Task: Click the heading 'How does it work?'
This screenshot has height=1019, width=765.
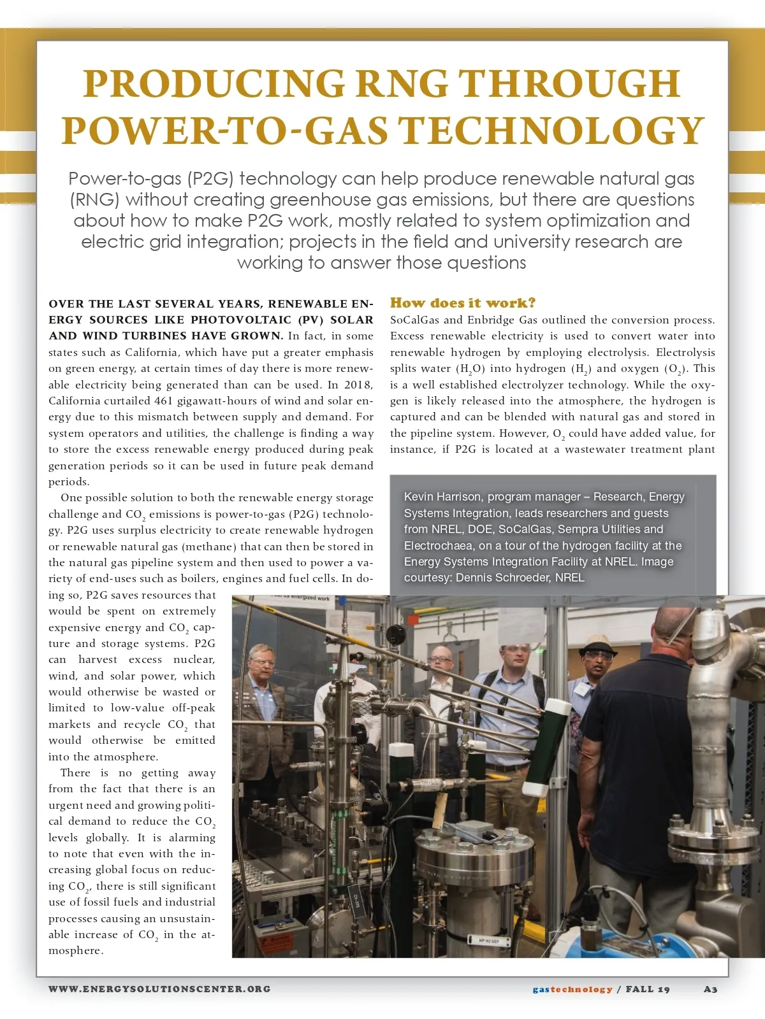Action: click(463, 303)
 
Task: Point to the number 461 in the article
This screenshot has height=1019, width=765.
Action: click(169, 401)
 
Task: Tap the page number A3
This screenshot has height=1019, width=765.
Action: click(710, 989)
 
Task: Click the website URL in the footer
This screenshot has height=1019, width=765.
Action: click(159, 989)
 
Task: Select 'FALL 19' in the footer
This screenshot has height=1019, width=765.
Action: click(648, 989)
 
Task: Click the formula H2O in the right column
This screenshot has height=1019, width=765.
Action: click(470, 369)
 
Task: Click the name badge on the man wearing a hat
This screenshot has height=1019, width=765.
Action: click(582, 689)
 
